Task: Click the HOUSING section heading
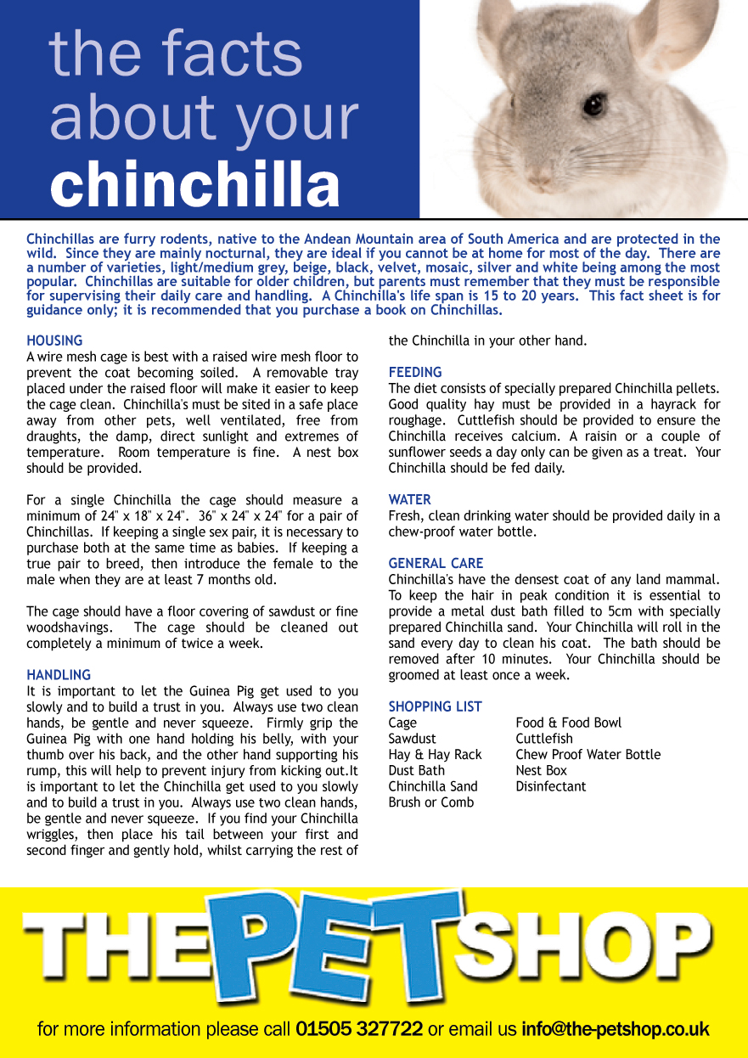pos(54,340)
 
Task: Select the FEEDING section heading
pos(415,372)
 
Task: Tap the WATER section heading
pos(410,499)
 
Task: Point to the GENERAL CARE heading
pos(436,563)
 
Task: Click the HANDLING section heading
pos(59,675)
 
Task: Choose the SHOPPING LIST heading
pos(435,706)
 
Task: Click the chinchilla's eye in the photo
pos(593,104)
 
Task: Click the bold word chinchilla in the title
pos(195,183)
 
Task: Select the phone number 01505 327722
pos(359,1029)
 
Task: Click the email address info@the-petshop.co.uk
pos(616,1029)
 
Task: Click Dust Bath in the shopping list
pos(416,770)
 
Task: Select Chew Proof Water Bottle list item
pos(588,754)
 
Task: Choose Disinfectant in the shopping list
pos(550,786)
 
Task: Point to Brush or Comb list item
pos(431,802)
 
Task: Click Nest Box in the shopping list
pos(541,770)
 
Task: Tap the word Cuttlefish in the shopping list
pos(544,739)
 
